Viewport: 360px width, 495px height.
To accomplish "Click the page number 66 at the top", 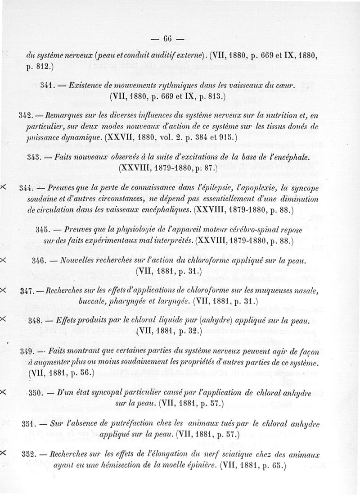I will coord(167,38).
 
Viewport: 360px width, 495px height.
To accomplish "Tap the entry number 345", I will coord(43,229).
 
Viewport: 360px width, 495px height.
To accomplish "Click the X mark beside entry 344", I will coord(4,186).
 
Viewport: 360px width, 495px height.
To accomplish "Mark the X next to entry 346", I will coord(4,260).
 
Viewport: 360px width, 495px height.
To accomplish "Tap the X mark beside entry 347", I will coord(4,290).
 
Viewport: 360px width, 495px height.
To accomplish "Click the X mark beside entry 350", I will coord(4,392).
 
